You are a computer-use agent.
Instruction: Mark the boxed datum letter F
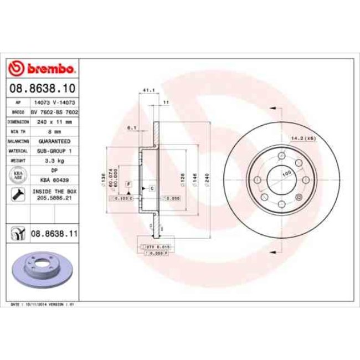click(128, 183)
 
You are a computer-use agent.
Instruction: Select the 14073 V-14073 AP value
click(54, 102)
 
